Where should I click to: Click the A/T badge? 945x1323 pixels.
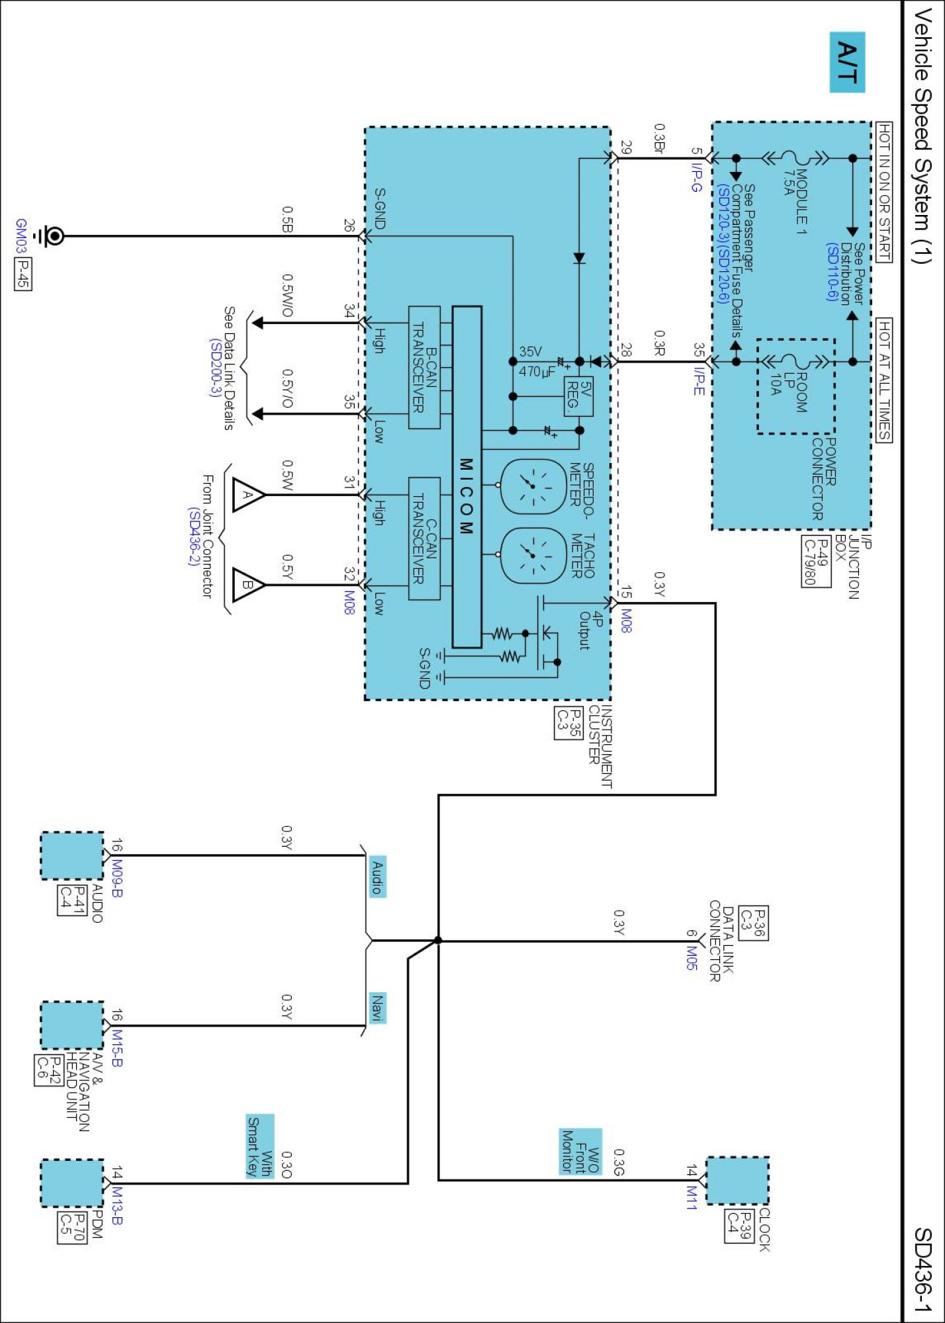tap(847, 62)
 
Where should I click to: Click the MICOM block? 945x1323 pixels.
tap(467, 477)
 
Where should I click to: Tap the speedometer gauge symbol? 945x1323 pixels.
tap(533, 486)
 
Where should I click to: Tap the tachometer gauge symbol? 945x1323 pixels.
tap(533, 555)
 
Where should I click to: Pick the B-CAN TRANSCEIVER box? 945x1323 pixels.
tap(424, 367)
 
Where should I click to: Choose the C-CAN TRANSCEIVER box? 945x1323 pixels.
tap(424, 538)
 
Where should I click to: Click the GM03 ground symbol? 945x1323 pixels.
tap(53, 236)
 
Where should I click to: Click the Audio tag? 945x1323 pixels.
tap(377, 876)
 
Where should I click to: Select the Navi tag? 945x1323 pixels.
tap(377, 1008)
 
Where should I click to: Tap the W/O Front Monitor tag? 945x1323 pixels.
tap(580, 1152)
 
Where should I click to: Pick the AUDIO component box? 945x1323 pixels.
tap(72, 856)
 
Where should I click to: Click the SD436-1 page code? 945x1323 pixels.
tap(922, 1269)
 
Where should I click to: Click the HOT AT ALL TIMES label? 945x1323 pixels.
tap(884, 380)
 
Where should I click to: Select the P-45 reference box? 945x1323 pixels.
tap(22, 274)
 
